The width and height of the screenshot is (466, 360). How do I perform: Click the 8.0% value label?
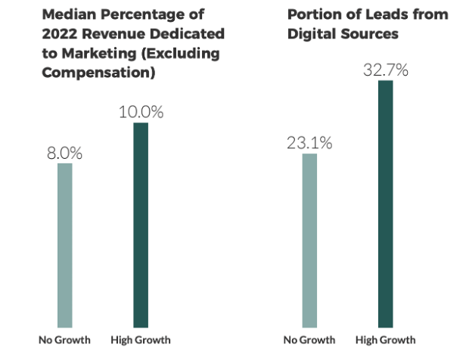click(64, 152)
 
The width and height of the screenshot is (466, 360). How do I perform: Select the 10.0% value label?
click(141, 112)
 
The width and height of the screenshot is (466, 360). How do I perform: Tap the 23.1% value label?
click(309, 142)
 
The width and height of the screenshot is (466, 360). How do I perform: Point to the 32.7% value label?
click(386, 70)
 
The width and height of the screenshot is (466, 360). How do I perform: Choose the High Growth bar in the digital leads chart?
click(386, 203)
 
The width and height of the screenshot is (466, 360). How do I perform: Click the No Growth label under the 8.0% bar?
click(64, 340)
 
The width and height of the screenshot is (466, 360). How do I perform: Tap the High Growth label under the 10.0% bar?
click(141, 340)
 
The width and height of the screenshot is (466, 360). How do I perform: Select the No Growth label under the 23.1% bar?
click(309, 340)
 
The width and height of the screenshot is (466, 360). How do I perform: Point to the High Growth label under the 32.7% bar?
click(385, 340)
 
